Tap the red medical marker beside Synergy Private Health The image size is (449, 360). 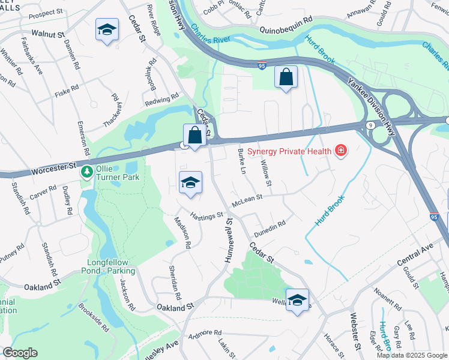click(341, 149)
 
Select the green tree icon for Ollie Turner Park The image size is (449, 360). click(87, 172)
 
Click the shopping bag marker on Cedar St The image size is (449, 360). click(194, 135)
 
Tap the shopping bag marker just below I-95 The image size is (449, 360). click(286, 77)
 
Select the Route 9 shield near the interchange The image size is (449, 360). click(370, 124)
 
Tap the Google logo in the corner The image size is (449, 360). click(20, 353)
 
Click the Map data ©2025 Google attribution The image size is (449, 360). click(412, 355)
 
